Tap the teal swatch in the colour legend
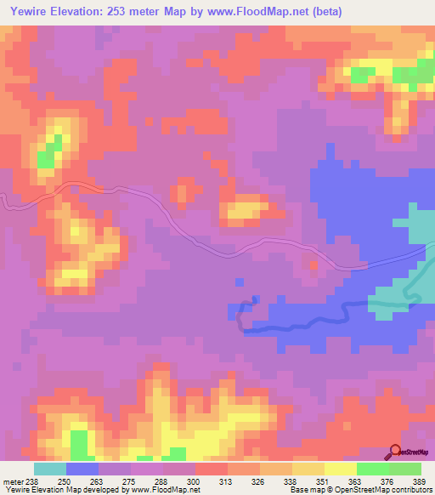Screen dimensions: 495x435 49,469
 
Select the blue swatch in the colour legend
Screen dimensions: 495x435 82,469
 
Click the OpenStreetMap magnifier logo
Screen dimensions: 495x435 395,452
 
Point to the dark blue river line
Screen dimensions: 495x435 297,321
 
